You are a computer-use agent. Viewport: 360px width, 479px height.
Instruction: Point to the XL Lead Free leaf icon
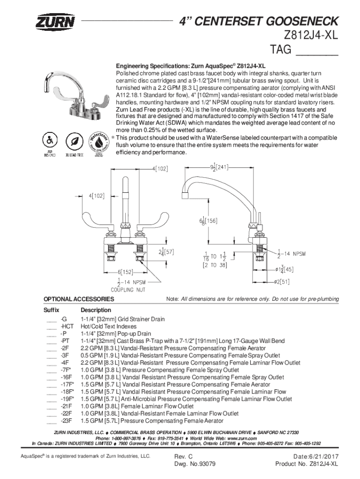pos(73,140)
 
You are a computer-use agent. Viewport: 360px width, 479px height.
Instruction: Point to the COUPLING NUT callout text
pos(128,289)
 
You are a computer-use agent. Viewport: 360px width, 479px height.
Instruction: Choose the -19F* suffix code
pos(67,399)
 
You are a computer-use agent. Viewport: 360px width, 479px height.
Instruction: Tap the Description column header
pos(96,310)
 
